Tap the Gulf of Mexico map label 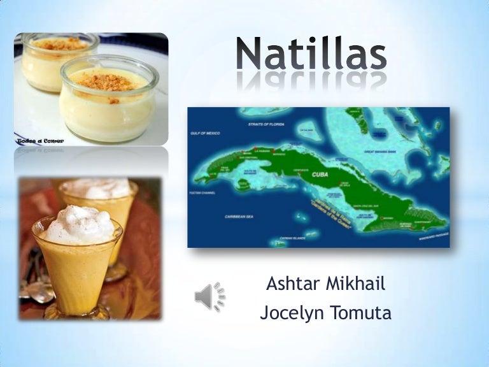coord(205,134)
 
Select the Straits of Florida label coord(263,125)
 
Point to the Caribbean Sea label coord(239,217)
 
